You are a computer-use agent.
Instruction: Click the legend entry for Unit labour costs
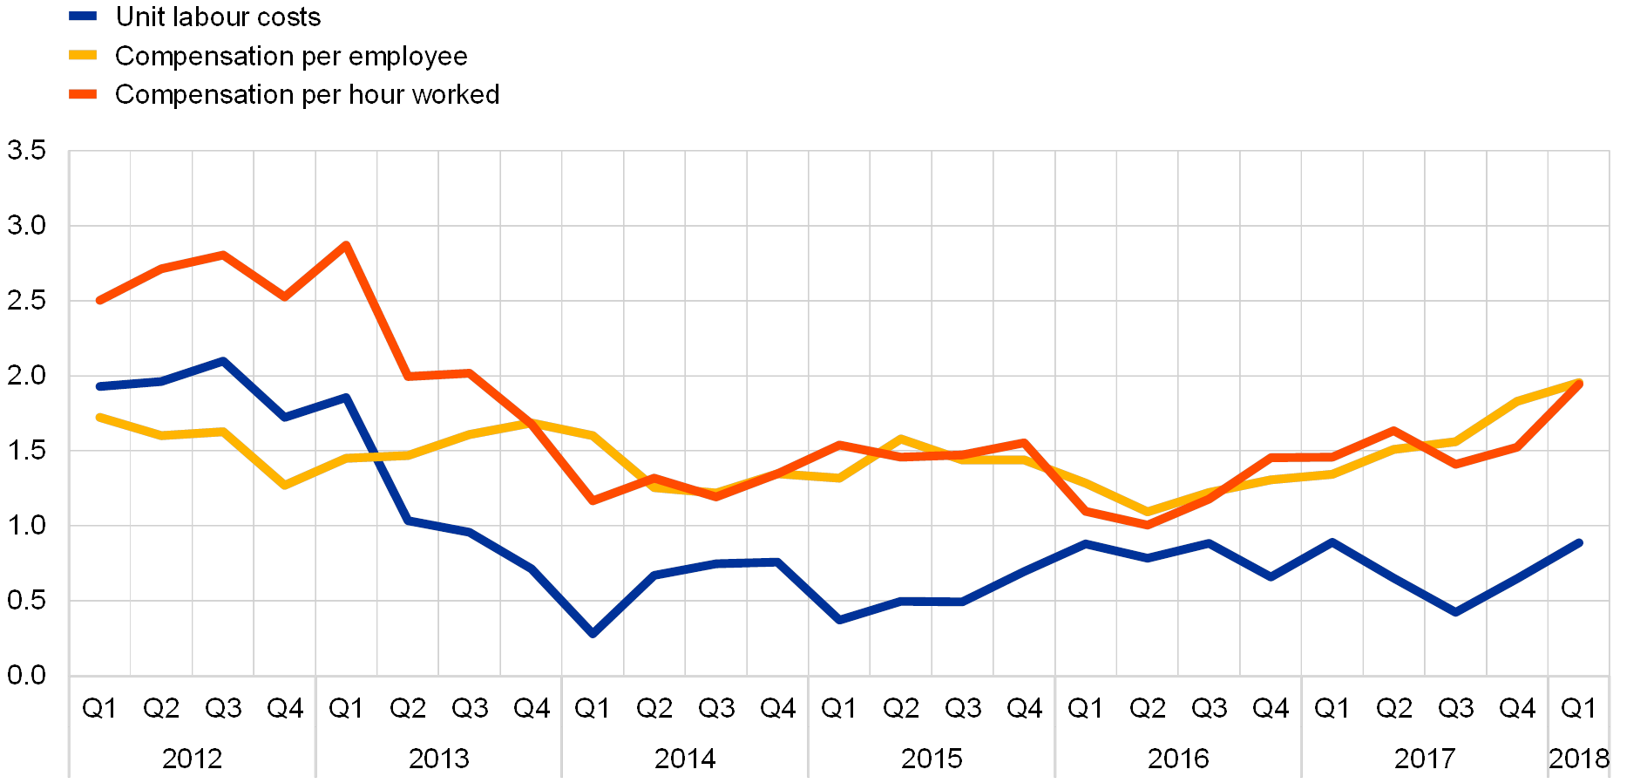(218, 17)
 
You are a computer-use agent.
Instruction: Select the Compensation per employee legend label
(291, 56)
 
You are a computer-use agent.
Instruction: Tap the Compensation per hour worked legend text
(306, 94)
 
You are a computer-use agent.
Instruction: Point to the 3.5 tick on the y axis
(26, 151)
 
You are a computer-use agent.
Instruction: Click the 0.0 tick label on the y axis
(26, 676)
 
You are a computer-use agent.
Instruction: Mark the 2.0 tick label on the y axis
(26, 376)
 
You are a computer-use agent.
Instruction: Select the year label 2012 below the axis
(192, 758)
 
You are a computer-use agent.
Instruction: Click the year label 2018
(1578, 758)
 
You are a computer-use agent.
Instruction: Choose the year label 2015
(931, 758)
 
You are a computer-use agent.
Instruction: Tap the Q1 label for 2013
(346, 709)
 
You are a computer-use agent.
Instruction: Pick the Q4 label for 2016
(1270, 709)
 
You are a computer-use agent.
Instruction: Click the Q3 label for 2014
(715, 709)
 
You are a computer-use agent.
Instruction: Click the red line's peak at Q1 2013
(346, 245)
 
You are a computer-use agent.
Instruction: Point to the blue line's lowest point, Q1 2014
(593, 634)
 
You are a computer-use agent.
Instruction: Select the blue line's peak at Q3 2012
(223, 361)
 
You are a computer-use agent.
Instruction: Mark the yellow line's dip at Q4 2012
(285, 485)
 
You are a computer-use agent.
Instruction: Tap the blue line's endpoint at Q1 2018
(1578, 542)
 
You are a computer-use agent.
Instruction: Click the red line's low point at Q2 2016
(1147, 525)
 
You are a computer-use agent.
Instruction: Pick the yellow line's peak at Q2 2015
(900, 439)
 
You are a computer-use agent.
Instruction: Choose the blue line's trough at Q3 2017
(1454, 613)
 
